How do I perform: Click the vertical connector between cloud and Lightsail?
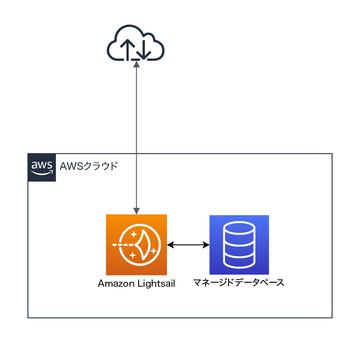click(x=136, y=135)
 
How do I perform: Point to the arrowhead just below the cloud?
click(x=136, y=64)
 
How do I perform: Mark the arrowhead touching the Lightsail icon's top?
click(x=136, y=210)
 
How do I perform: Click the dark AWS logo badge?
click(x=42, y=167)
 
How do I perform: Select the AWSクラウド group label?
click(x=89, y=167)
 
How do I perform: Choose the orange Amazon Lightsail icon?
click(x=136, y=244)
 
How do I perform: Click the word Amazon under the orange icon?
click(x=116, y=284)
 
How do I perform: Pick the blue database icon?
click(x=239, y=244)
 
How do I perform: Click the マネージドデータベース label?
click(x=239, y=283)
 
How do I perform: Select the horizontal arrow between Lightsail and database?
click(x=189, y=245)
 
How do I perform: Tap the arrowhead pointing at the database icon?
click(x=207, y=245)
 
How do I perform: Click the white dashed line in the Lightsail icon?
click(x=123, y=245)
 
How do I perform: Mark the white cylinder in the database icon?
click(x=239, y=245)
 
